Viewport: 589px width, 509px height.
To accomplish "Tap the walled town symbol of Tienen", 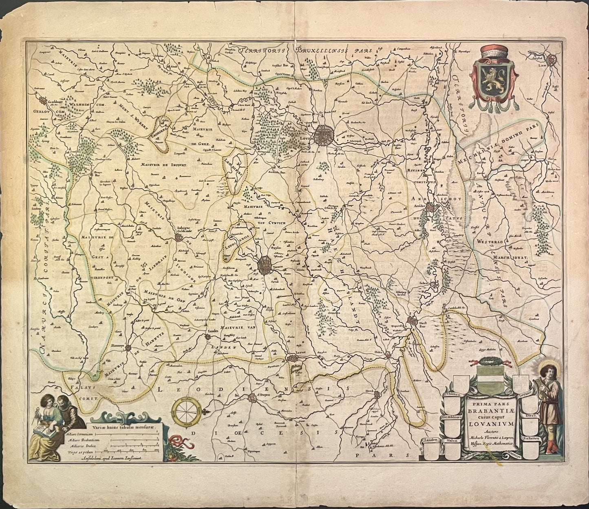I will [x=266, y=265].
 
